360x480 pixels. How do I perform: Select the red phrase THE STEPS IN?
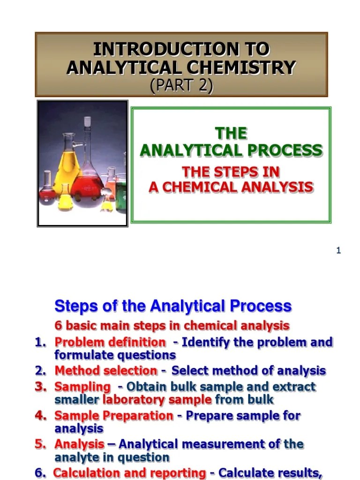click(231, 172)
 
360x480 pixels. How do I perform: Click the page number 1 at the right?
click(338, 251)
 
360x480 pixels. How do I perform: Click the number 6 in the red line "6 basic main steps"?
click(58, 325)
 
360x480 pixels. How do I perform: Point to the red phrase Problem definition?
click(110, 342)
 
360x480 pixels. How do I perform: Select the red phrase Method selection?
click(106, 371)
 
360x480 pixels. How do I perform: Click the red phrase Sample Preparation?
click(113, 416)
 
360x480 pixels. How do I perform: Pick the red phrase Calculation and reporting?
click(129, 473)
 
